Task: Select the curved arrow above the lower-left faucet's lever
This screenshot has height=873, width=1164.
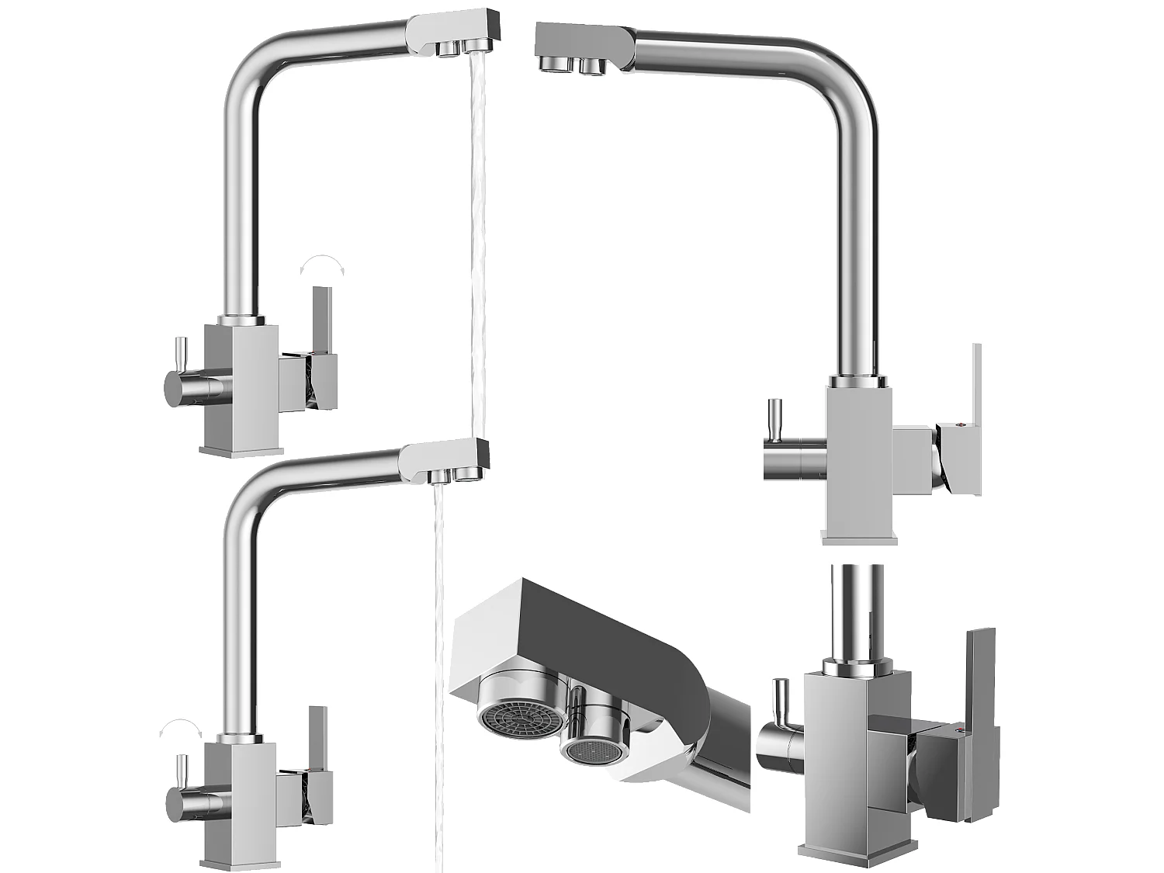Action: [x=179, y=726]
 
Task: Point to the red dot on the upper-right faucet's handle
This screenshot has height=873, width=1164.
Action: [x=960, y=425]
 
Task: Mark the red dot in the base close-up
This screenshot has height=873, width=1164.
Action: [x=960, y=731]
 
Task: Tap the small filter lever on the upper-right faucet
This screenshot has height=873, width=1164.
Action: [x=774, y=419]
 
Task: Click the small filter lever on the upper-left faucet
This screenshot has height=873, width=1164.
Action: [x=179, y=355]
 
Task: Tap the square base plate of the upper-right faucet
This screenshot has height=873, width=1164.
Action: [x=859, y=536]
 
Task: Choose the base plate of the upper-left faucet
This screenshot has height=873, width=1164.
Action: [x=241, y=451]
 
